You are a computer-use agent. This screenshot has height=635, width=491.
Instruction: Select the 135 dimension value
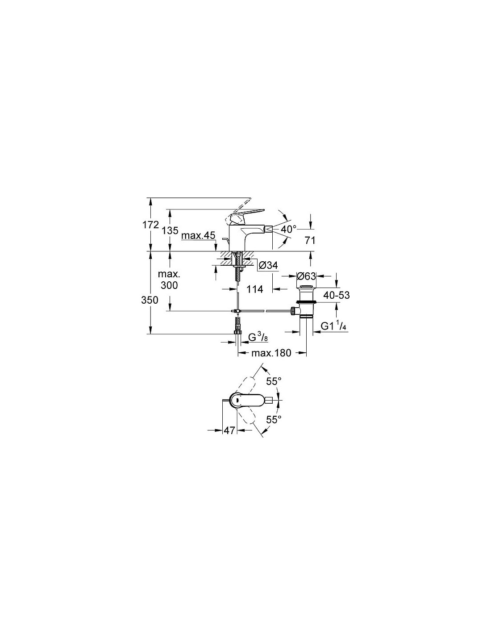tap(170, 230)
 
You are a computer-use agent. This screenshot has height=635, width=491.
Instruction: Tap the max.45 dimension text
tap(198, 235)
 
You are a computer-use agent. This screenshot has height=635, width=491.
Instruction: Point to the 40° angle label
tap(288, 229)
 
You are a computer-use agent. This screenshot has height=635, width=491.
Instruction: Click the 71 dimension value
tap(310, 241)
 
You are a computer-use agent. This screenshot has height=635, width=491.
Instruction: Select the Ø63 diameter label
tap(306, 276)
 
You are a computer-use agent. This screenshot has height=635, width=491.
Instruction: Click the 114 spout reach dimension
tap(255, 289)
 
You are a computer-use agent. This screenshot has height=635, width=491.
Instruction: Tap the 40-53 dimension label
tap(336, 295)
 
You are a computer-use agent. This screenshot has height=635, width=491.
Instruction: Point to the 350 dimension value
tap(150, 300)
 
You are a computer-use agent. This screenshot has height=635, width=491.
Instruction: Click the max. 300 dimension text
tap(169, 280)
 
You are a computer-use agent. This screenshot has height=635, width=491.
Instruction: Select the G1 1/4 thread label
tap(333, 326)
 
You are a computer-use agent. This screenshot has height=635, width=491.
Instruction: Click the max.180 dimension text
tap(271, 353)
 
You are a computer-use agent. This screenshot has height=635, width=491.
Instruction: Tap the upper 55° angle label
tap(274, 381)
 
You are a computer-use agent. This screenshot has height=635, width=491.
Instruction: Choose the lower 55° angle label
tap(274, 419)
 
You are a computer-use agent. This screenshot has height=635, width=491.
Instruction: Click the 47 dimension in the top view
tap(229, 430)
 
